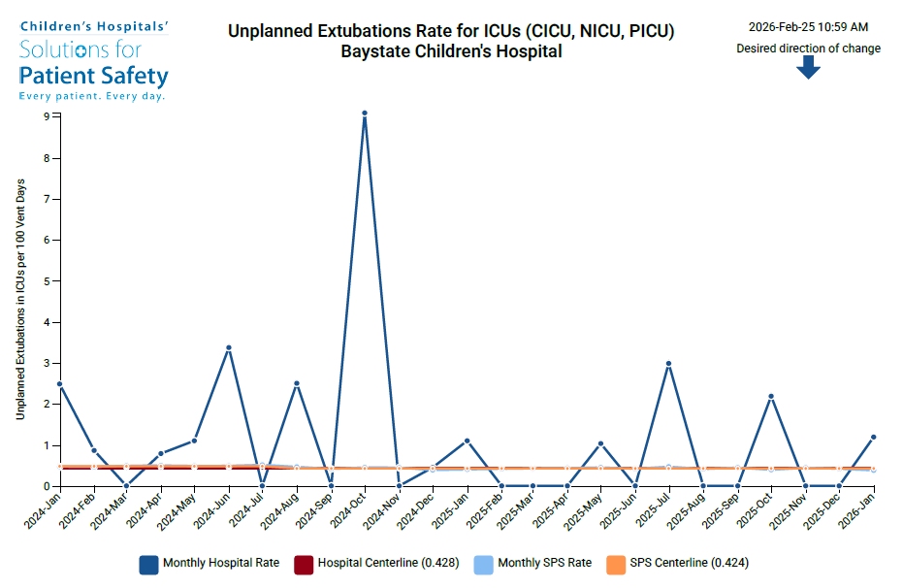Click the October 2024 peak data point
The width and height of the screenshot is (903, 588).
tap(365, 114)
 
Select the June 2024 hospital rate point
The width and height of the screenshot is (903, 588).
tap(229, 347)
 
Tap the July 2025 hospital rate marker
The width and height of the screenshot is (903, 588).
tap(669, 364)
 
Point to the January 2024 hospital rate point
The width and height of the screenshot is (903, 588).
tap(60, 383)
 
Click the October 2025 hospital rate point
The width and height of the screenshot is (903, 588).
tap(771, 396)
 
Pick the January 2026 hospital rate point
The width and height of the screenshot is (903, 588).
tap(873, 437)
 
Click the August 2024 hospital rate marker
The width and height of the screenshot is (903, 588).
tap(297, 383)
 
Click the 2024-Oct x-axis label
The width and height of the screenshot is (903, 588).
tap(347, 510)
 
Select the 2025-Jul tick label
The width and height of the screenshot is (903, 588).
tap(653, 510)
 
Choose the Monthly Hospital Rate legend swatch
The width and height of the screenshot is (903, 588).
tap(148, 564)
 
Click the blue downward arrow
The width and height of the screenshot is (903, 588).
tap(809, 67)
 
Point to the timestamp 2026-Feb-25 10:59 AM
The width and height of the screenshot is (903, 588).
tap(808, 27)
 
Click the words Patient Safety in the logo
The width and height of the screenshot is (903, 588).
tap(93, 76)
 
